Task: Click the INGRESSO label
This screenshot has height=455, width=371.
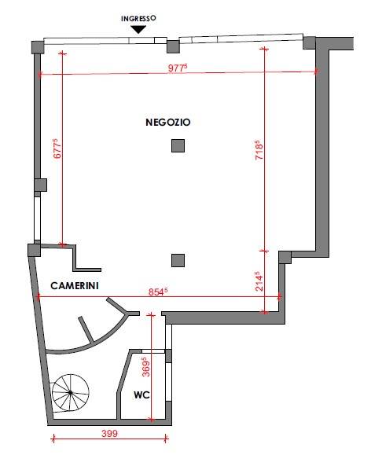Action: [x=138, y=18]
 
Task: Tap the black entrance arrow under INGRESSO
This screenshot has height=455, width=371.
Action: [x=138, y=30]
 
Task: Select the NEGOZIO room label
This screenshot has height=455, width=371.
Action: [x=168, y=122]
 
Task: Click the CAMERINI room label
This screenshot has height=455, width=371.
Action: [x=75, y=285]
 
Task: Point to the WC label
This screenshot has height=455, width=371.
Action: [x=141, y=394]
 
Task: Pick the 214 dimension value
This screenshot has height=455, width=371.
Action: [x=259, y=281]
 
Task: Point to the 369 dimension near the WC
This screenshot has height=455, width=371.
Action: [x=145, y=367]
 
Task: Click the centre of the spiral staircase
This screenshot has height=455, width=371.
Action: [x=71, y=393]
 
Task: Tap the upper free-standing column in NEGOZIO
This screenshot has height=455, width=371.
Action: [x=178, y=145]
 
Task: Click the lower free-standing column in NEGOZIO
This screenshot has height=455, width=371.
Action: [x=178, y=260]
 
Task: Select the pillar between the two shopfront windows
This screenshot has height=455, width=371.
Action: [x=173, y=46]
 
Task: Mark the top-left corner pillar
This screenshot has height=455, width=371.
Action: [x=38, y=47]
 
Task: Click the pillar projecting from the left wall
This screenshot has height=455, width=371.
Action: [x=41, y=185]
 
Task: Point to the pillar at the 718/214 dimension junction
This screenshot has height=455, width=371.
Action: [x=285, y=258]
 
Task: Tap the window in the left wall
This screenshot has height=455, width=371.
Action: [x=37, y=218]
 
